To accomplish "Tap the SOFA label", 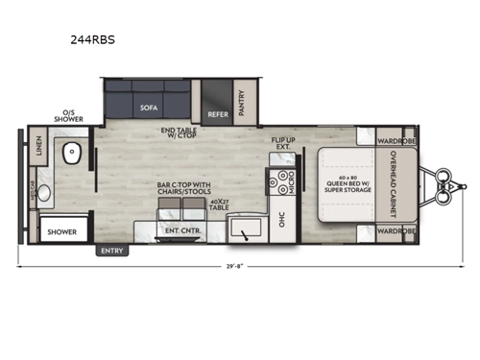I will (149, 108).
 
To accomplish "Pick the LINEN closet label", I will (39, 147).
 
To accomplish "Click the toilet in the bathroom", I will (72, 153).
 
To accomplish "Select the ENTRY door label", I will (111, 251).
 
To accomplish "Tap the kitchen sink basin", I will (247, 228).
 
